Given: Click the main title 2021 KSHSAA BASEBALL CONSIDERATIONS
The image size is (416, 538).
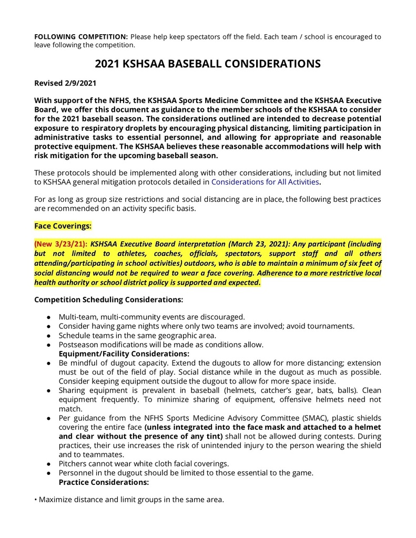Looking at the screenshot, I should [x=208, y=64].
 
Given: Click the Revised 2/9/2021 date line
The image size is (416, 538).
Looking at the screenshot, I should [x=65, y=83].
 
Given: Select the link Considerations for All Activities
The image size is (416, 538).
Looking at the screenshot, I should [x=265, y=182].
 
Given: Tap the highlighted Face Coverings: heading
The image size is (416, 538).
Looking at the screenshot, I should [x=63, y=226].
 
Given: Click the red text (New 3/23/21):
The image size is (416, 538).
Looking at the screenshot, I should [x=61, y=244].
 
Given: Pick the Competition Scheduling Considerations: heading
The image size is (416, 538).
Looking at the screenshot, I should [x=108, y=299].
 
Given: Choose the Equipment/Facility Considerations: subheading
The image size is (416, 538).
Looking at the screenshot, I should [x=124, y=354].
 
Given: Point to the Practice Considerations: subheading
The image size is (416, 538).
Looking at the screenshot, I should [x=104, y=482].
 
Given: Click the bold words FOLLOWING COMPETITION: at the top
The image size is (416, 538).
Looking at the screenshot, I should [x=81, y=36].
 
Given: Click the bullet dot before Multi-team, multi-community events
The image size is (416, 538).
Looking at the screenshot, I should [x=48, y=317].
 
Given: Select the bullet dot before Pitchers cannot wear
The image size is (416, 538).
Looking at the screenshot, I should [x=48, y=464].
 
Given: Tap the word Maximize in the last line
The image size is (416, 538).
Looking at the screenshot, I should [x=57, y=499].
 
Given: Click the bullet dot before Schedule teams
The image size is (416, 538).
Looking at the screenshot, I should [x=48, y=336].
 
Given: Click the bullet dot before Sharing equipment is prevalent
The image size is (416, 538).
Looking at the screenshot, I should [x=48, y=391].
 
